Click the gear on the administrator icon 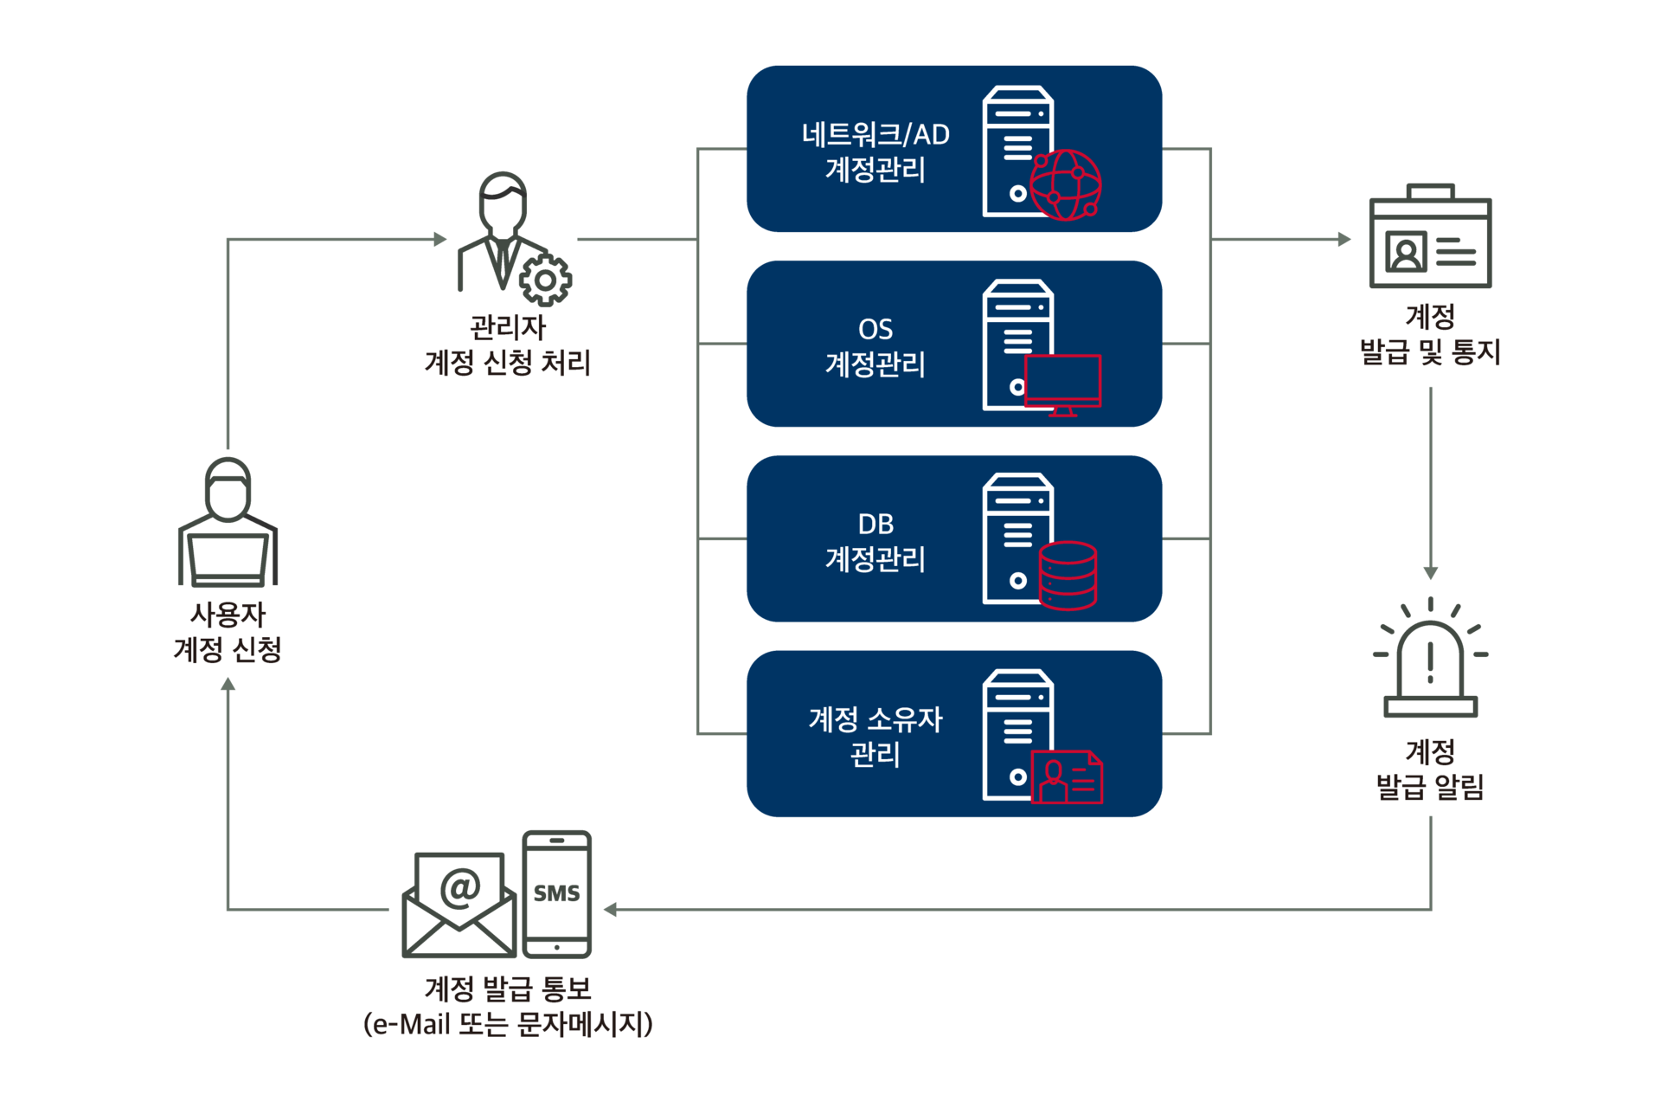click(545, 280)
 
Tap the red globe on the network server click(1066, 185)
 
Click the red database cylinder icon click(1068, 576)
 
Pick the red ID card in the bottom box click(1067, 777)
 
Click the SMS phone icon click(557, 894)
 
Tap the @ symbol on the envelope click(460, 888)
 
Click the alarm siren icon click(1430, 657)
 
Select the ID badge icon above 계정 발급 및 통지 click(1430, 235)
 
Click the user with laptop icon click(228, 522)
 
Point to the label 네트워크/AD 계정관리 click(875, 151)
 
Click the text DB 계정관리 click(875, 542)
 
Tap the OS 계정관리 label click(875, 346)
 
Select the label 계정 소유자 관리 click(875, 737)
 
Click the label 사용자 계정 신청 click(228, 632)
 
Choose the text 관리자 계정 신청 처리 click(508, 345)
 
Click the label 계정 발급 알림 click(1430, 769)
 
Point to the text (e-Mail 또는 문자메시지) click(508, 1024)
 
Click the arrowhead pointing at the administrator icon click(440, 239)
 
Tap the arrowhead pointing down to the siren click(1431, 573)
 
